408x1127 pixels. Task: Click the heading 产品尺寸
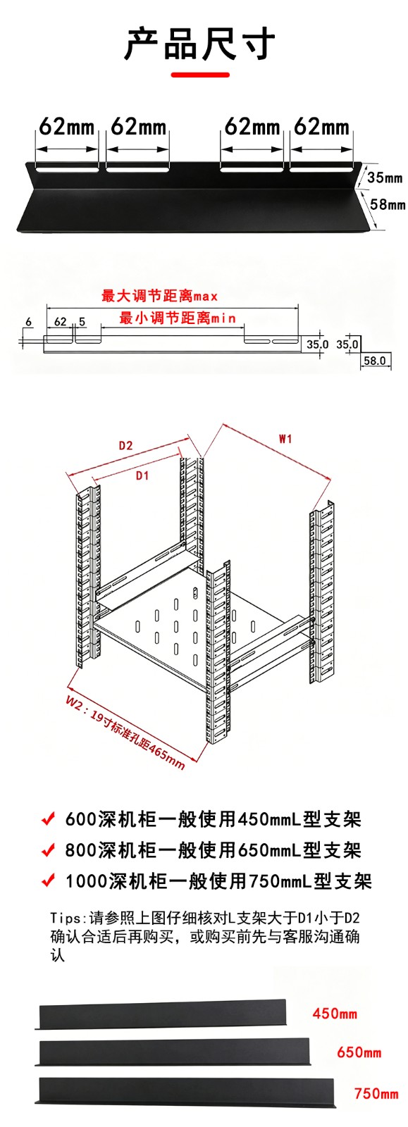[200, 44]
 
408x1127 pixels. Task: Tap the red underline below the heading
[200, 75]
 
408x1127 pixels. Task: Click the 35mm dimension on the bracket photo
[384, 177]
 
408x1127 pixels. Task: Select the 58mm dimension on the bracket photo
[387, 204]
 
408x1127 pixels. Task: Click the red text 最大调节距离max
[159, 296]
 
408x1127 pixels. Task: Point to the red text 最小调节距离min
[178, 318]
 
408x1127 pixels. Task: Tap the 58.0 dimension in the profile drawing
[375, 360]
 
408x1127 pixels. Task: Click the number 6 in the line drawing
[28, 321]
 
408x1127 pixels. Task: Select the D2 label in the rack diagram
[125, 445]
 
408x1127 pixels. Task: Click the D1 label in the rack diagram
[142, 475]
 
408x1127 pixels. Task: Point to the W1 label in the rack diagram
[285, 439]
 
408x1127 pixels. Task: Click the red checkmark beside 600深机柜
[48, 819]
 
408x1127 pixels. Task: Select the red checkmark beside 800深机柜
[48, 850]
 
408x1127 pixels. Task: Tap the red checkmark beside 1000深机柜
[48, 881]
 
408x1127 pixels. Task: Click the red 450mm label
[335, 1013]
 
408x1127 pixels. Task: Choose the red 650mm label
[359, 1052]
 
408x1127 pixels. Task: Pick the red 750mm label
[376, 1093]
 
